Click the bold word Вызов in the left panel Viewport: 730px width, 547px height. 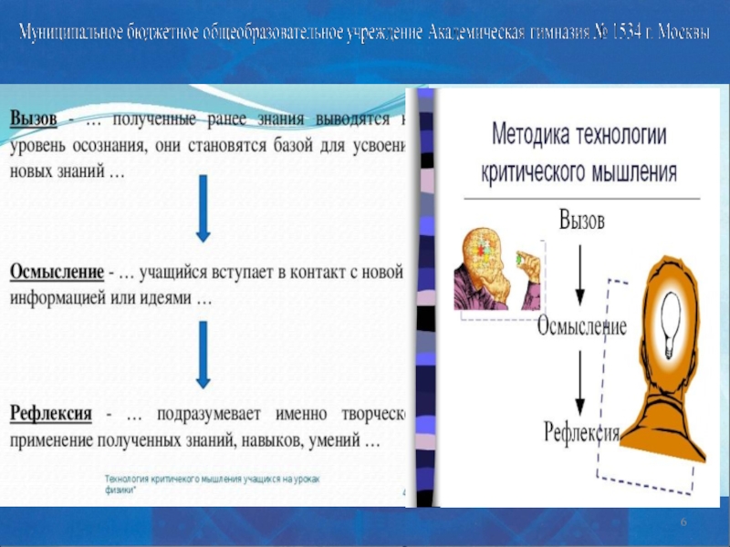[x=35, y=119]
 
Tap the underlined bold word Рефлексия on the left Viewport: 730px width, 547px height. [x=51, y=414]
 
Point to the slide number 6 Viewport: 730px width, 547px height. [x=683, y=520]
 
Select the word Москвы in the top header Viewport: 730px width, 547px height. [x=676, y=33]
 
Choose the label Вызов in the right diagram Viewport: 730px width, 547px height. [x=580, y=221]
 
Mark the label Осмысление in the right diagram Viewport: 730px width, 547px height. [x=581, y=326]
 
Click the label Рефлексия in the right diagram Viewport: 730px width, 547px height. [x=581, y=429]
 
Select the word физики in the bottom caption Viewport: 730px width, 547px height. [x=120, y=490]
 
